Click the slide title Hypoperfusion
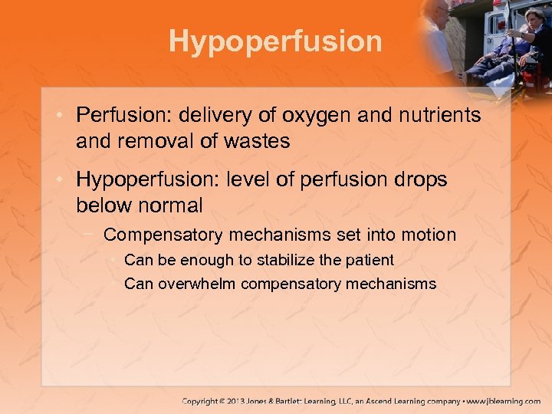coord(275,41)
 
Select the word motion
coord(429,235)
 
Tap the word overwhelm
coord(198,284)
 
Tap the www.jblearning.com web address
coord(504,401)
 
